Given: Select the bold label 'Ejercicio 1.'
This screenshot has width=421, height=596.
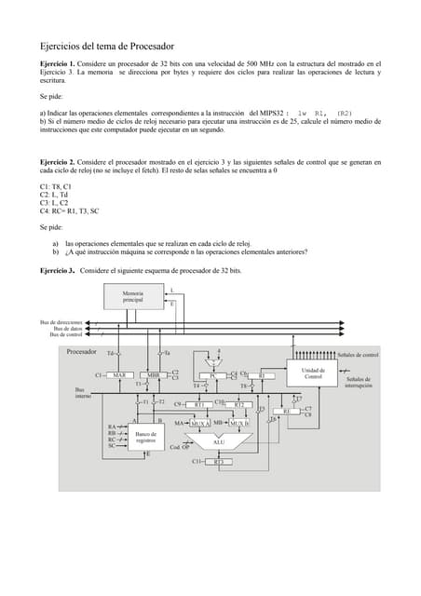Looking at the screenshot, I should tap(59, 64).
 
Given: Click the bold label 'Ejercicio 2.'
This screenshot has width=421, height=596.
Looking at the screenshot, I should tap(59, 162).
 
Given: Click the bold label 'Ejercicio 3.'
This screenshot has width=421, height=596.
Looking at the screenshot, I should tap(58, 270).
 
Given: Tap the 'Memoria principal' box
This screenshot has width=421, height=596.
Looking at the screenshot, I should tap(133, 297).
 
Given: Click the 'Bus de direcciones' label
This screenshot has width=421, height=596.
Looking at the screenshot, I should tap(61, 322).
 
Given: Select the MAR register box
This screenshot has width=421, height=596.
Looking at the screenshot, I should tap(118, 374).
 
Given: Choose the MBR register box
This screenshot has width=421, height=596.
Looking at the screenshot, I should tap(154, 374).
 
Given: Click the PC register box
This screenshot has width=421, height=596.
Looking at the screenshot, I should tap(213, 375).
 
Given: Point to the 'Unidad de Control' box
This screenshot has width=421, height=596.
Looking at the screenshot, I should tap(313, 372).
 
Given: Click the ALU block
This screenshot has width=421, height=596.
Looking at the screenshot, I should tap(219, 441).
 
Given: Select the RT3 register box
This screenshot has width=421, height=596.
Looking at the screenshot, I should tap(219, 461).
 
